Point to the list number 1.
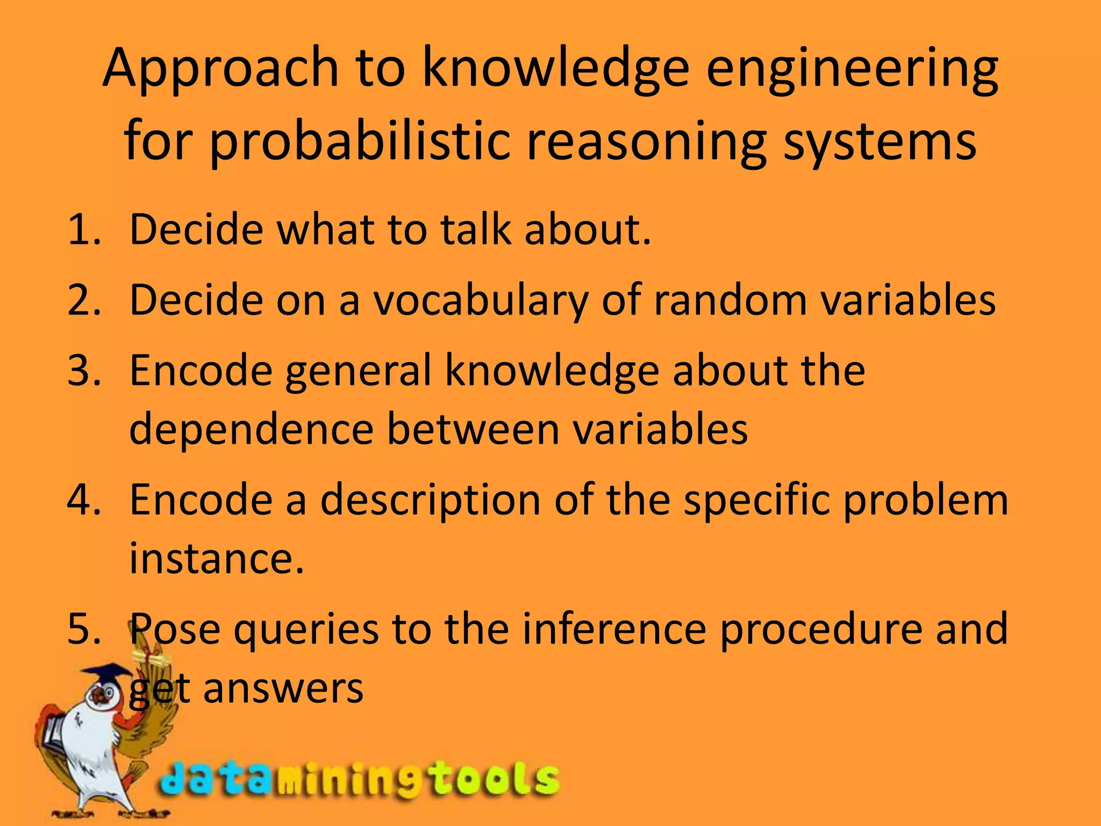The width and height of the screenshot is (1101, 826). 84,230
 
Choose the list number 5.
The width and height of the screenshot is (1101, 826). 84,629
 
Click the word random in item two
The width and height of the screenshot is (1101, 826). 730,300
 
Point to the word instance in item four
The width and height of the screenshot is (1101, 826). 216,558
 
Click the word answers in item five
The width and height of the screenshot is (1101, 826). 283,689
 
